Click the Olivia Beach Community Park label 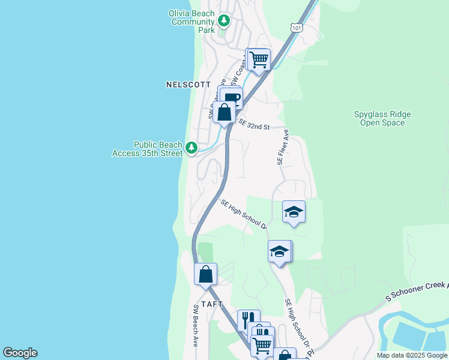192,22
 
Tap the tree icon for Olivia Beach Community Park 224,22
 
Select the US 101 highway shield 296,27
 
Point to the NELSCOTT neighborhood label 188,85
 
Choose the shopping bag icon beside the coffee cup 224,112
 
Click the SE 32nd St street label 255,124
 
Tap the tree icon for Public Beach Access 191,147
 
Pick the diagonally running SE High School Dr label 244,215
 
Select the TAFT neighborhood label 212,304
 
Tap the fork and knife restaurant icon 249,319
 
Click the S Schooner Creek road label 417,291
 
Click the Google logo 20,353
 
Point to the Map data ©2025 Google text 411,355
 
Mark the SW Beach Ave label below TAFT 196,326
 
